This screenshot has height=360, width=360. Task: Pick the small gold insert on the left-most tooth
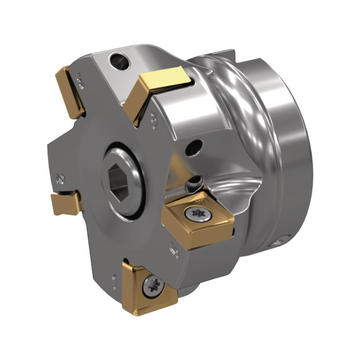tap(66, 203)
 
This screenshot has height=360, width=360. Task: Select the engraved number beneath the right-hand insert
tap(174, 249)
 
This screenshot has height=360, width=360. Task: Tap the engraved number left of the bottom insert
tap(114, 281)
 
